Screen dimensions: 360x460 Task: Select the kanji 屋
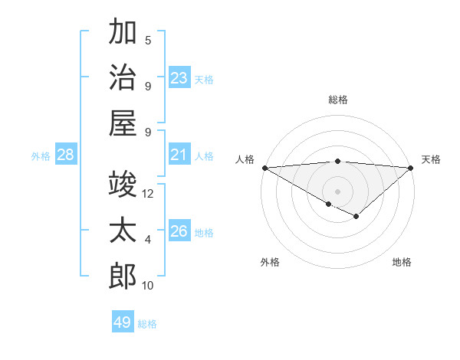[123, 123]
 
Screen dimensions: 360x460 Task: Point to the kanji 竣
[123, 185]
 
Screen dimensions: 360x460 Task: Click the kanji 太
[123, 231]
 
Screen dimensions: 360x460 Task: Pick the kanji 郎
[123, 277]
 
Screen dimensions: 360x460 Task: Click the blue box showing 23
[179, 78]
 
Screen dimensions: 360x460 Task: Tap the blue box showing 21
[179, 155]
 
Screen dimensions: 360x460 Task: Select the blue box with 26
[179, 232]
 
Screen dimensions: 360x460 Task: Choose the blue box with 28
[66, 155]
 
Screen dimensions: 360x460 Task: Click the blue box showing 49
[123, 323]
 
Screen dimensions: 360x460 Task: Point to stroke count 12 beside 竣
[148, 194]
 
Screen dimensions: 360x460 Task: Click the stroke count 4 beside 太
[148, 240]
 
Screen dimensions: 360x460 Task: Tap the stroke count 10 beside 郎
[148, 286]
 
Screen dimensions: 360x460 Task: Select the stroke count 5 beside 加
[148, 41]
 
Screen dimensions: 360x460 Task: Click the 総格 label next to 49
[147, 324]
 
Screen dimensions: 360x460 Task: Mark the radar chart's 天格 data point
[412, 168]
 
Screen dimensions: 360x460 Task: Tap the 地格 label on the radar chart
[402, 262]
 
